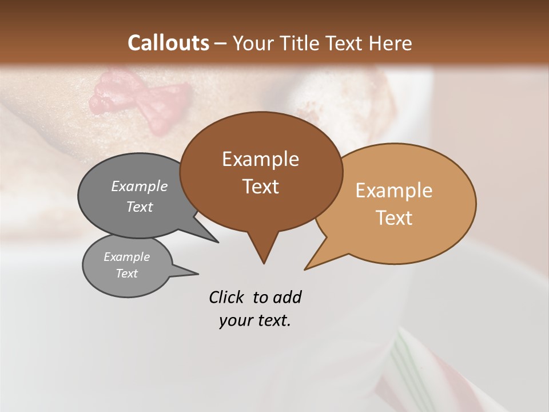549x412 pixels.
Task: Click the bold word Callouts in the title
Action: pos(168,43)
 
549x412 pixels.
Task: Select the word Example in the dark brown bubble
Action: pos(260,159)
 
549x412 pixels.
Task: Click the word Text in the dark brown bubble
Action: pos(260,187)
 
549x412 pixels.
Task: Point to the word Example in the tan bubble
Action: pos(394,191)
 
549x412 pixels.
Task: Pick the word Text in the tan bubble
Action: pos(394,218)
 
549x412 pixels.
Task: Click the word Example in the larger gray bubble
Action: pos(139,186)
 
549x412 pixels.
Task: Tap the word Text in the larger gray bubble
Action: pos(139,207)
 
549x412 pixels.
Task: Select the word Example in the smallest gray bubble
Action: pos(126,257)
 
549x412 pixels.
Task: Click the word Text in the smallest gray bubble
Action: pos(126,274)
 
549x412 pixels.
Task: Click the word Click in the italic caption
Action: pos(226,297)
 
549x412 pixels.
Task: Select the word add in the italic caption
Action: pos(287,297)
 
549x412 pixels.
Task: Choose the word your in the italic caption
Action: pos(236,320)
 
